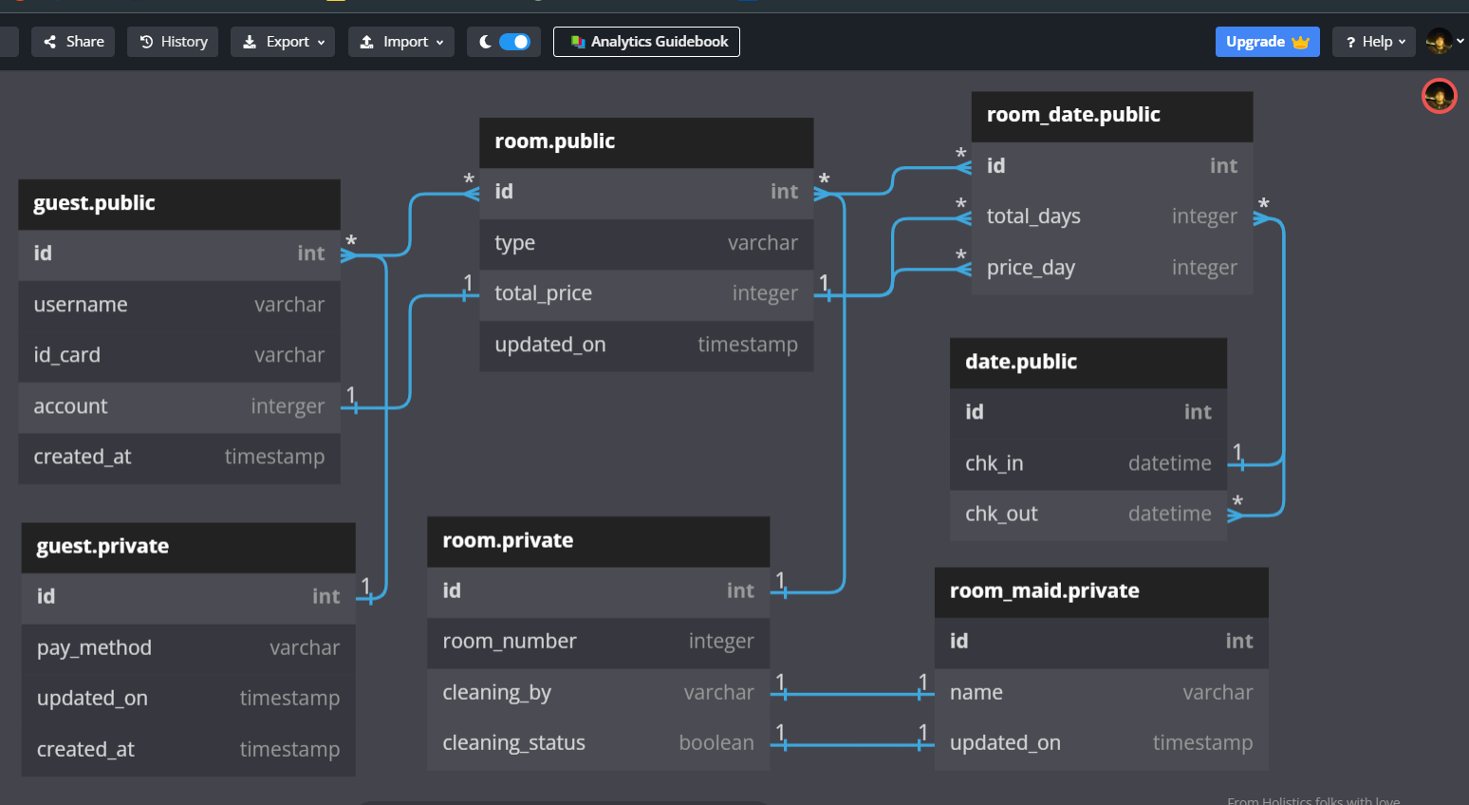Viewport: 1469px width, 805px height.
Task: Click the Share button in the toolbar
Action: [x=73, y=42]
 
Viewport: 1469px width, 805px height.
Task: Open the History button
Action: [x=173, y=42]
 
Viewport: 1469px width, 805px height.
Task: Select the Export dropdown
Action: [x=283, y=42]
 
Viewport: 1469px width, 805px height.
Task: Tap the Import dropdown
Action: [x=400, y=42]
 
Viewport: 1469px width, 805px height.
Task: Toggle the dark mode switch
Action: [x=513, y=42]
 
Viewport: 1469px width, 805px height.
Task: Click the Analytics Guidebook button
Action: [x=646, y=42]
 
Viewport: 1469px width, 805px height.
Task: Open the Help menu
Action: [x=1374, y=42]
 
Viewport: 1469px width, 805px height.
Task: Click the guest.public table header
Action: [x=94, y=203]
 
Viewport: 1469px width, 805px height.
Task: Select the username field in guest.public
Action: [x=81, y=305]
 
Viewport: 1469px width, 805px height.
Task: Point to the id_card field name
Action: [x=66, y=355]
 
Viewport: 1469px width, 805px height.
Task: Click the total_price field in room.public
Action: [x=543, y=293]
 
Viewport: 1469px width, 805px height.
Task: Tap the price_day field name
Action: [x=1031, y=268]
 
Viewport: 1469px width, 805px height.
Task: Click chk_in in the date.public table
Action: [x=994, y=463]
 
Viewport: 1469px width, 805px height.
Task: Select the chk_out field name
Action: [x=1001, y=514]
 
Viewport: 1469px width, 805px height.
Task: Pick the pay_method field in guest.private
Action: [x=94, y=647]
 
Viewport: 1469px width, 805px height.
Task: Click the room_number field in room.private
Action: [x=510, y=642]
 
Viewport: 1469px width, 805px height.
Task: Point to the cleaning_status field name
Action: [x=513, y=742]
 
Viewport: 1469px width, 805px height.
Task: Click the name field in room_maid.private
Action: [x=976, y=692]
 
